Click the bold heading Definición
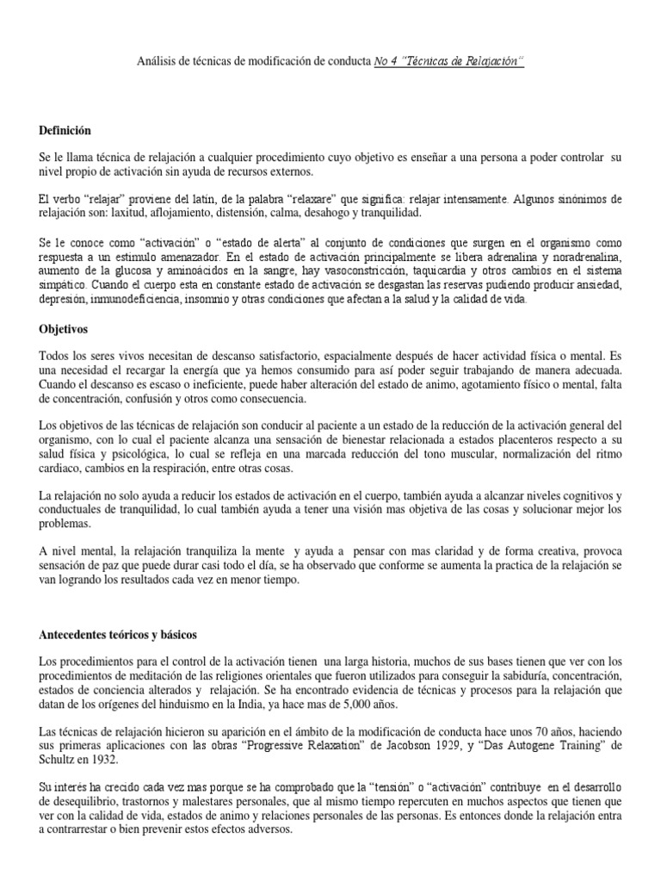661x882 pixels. pos(65,130)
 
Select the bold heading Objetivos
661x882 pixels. pos(65,329)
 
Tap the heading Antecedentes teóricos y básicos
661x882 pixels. pos(119,635)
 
